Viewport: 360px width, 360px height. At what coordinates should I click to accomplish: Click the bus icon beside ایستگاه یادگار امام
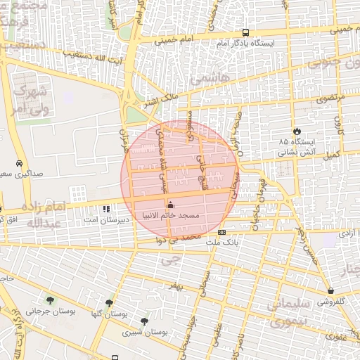pos(245,32)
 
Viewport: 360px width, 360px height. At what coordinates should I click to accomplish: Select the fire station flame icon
pos(297,131)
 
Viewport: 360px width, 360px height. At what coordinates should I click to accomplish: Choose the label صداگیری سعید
pos(21,173)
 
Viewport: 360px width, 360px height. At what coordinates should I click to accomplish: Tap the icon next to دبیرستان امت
pos(106,209)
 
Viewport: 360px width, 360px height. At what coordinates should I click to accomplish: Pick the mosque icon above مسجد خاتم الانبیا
pos(169,205)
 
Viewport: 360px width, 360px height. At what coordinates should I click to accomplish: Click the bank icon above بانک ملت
pos(222,232)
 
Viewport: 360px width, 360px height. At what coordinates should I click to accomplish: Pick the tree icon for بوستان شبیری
pos(145,321)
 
